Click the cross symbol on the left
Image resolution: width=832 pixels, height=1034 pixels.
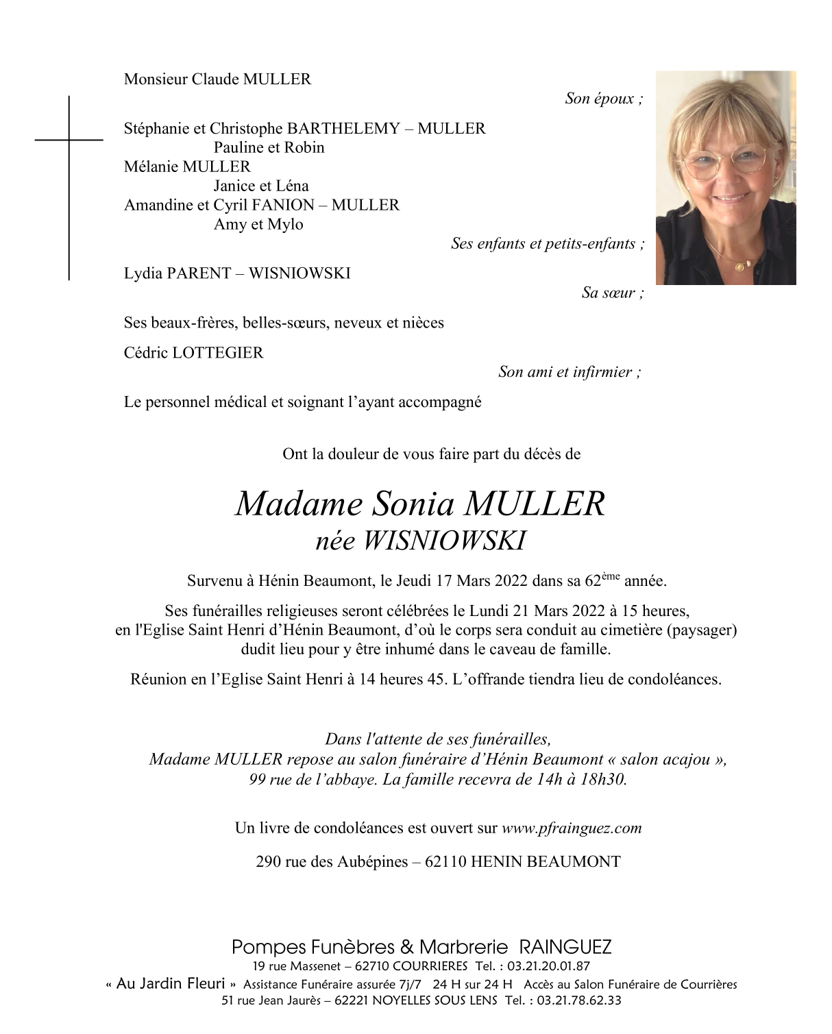click(x=69, y=140)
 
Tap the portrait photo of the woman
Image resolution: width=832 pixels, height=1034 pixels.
click(x=725, y=177)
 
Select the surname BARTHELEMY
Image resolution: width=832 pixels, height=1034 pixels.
click(x=343, y=128)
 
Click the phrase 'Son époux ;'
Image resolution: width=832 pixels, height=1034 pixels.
click(x=604, y=99)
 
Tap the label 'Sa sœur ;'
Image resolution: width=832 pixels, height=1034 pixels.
click(x=613, y=293)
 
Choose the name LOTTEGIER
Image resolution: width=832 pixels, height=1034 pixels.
click(x=217, y=353)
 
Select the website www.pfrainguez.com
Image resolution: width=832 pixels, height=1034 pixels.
click(x=572, y=828)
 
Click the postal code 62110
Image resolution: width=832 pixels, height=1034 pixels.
click(x=445, y=861)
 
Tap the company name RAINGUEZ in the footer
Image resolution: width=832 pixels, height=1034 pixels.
click(x=565, y=948)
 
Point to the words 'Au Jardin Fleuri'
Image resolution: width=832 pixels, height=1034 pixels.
click(x=171, y=984)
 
